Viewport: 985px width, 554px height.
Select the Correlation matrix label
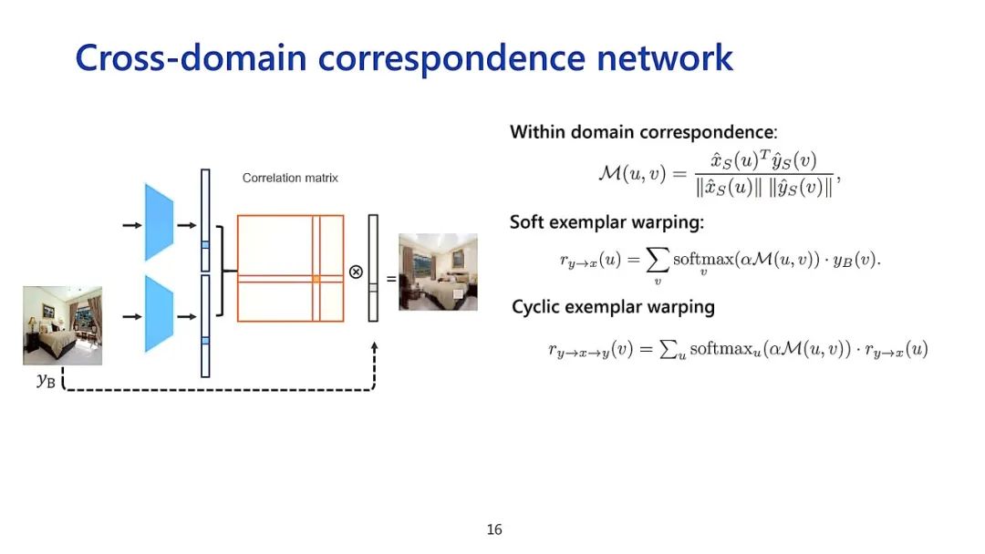coord(290,178)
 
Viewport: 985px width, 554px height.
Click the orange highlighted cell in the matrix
coord(315,278)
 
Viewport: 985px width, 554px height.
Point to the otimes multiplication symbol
coord(356,272)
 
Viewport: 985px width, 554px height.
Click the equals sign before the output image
coord(391,279)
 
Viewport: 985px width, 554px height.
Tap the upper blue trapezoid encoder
coord(159,222)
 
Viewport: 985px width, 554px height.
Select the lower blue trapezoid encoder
coord(159,314)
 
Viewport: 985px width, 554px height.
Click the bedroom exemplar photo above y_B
coord(62,325)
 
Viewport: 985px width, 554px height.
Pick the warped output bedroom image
coord(438,272)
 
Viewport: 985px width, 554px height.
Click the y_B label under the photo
coord(46,381)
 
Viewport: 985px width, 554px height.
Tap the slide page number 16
coord(494,529)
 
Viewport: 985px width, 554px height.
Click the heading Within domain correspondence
coord(643,132)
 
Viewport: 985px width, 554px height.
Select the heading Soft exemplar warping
coord(607,221)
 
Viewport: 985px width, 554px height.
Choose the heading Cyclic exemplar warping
coord(613,307)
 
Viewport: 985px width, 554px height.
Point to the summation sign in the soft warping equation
coord(657,261)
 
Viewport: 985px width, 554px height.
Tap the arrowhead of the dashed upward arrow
coord(374,347)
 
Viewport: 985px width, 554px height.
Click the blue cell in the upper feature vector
coord(205,244)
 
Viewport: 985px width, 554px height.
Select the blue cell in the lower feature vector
coord(205,340)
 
